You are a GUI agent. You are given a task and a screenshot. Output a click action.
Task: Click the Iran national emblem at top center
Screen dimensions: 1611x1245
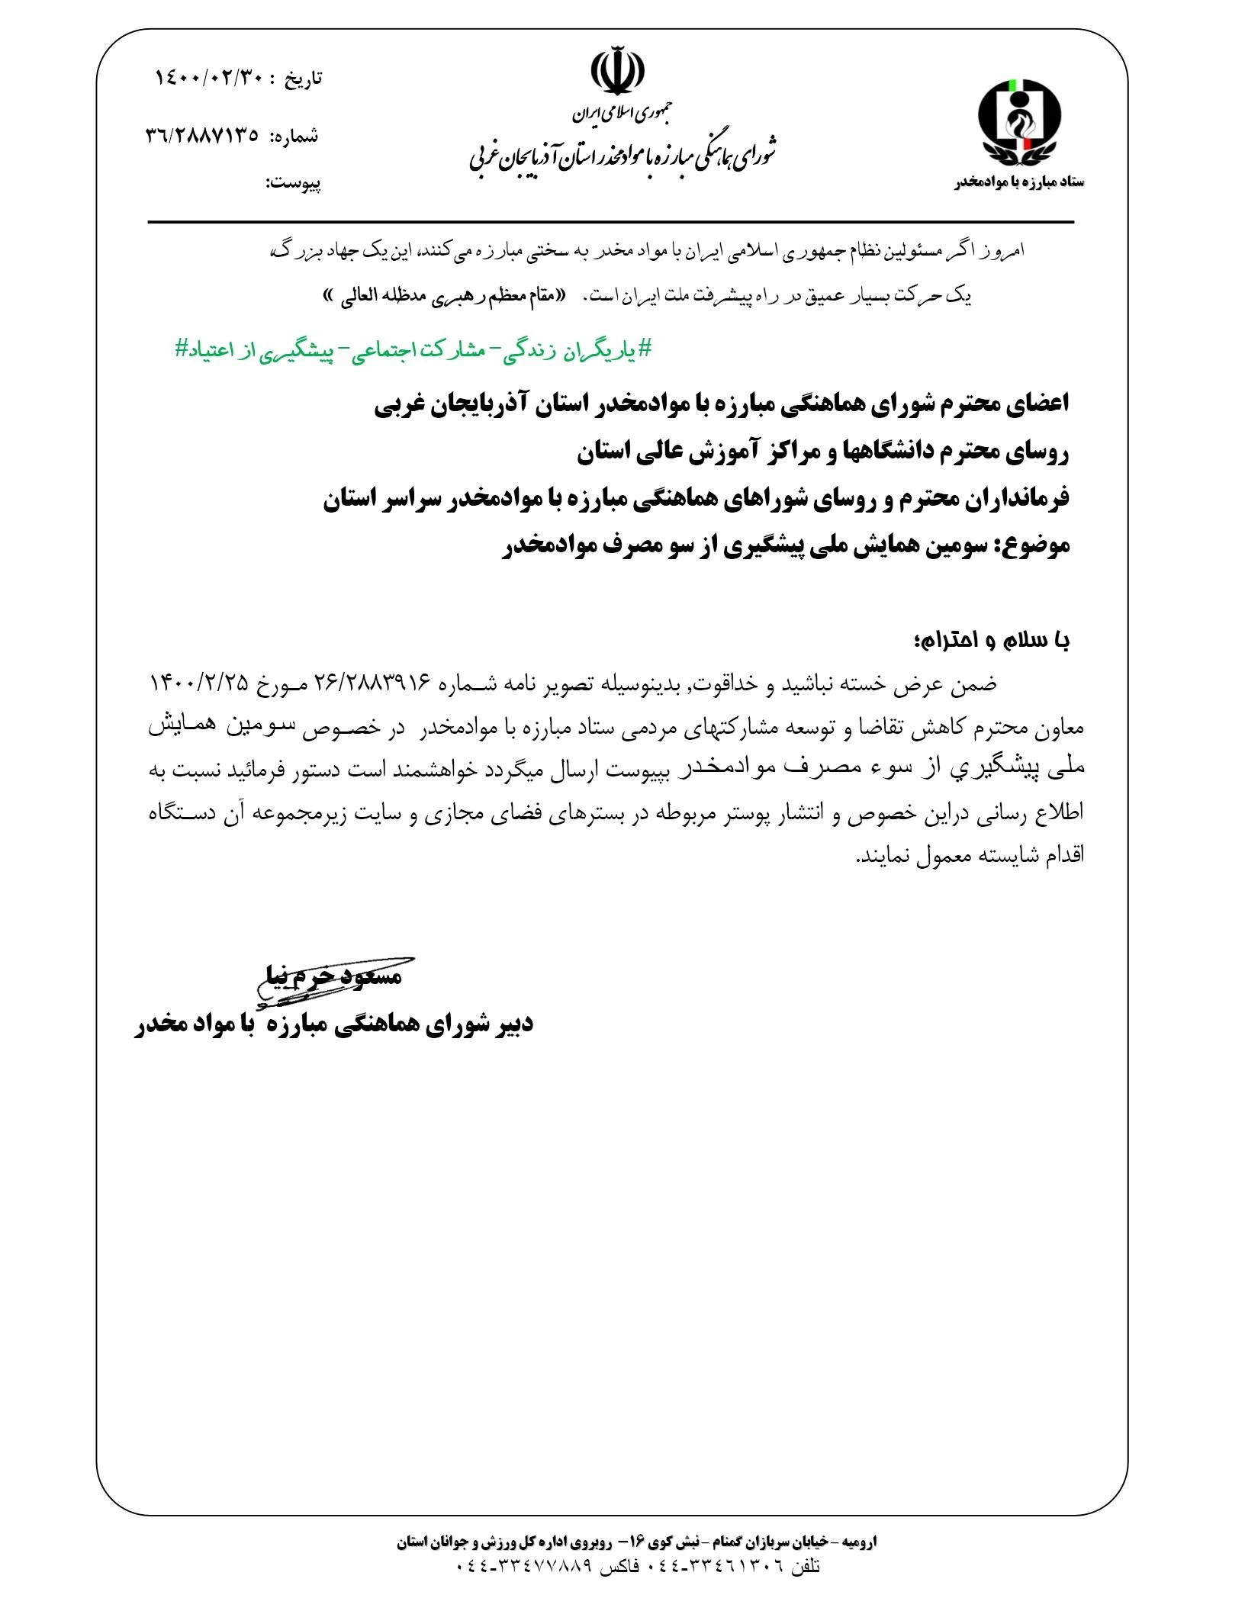tap(617, 72)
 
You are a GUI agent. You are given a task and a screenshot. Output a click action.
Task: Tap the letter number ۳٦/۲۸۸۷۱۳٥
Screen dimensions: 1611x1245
tap(201, 137)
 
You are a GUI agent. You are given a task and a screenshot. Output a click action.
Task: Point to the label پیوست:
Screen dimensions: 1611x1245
tap(293, 184)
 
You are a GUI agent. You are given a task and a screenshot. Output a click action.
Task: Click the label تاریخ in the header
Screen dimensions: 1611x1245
tap(304, 79)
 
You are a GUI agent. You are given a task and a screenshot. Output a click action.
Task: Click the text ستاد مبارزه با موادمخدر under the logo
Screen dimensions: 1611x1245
tap(1018, 182)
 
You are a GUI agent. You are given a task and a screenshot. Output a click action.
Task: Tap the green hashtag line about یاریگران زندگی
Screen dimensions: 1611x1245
tap(414, 350)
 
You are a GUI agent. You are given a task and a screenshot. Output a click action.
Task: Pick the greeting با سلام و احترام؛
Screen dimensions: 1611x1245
tap(991, 640)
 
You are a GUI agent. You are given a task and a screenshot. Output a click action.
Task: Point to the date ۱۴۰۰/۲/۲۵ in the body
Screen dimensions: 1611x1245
tap(198, 683)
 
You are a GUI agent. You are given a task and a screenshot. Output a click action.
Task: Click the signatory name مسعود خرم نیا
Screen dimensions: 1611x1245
tap(333, 975)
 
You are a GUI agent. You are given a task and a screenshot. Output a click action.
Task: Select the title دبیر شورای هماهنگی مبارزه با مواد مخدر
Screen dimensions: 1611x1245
tap(334, 1024)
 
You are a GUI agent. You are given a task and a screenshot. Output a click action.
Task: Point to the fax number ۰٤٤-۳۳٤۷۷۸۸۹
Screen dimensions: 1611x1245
tap(524, 1567)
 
